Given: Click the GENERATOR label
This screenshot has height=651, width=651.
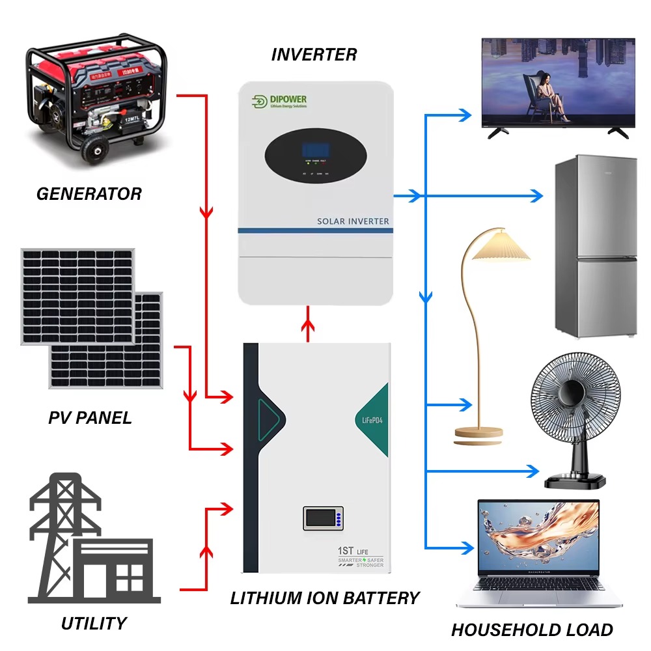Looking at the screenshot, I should [89, 193].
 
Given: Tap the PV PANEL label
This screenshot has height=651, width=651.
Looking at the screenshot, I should [90, 417].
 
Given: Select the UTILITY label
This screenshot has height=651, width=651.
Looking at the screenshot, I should [94, 623].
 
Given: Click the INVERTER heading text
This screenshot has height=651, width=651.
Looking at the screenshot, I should [314, 55].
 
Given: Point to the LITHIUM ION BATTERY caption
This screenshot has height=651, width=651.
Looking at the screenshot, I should [325, 598].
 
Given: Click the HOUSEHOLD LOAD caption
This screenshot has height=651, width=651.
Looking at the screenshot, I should [532, 630].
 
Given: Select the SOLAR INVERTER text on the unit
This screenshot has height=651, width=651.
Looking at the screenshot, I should [353, 221].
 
